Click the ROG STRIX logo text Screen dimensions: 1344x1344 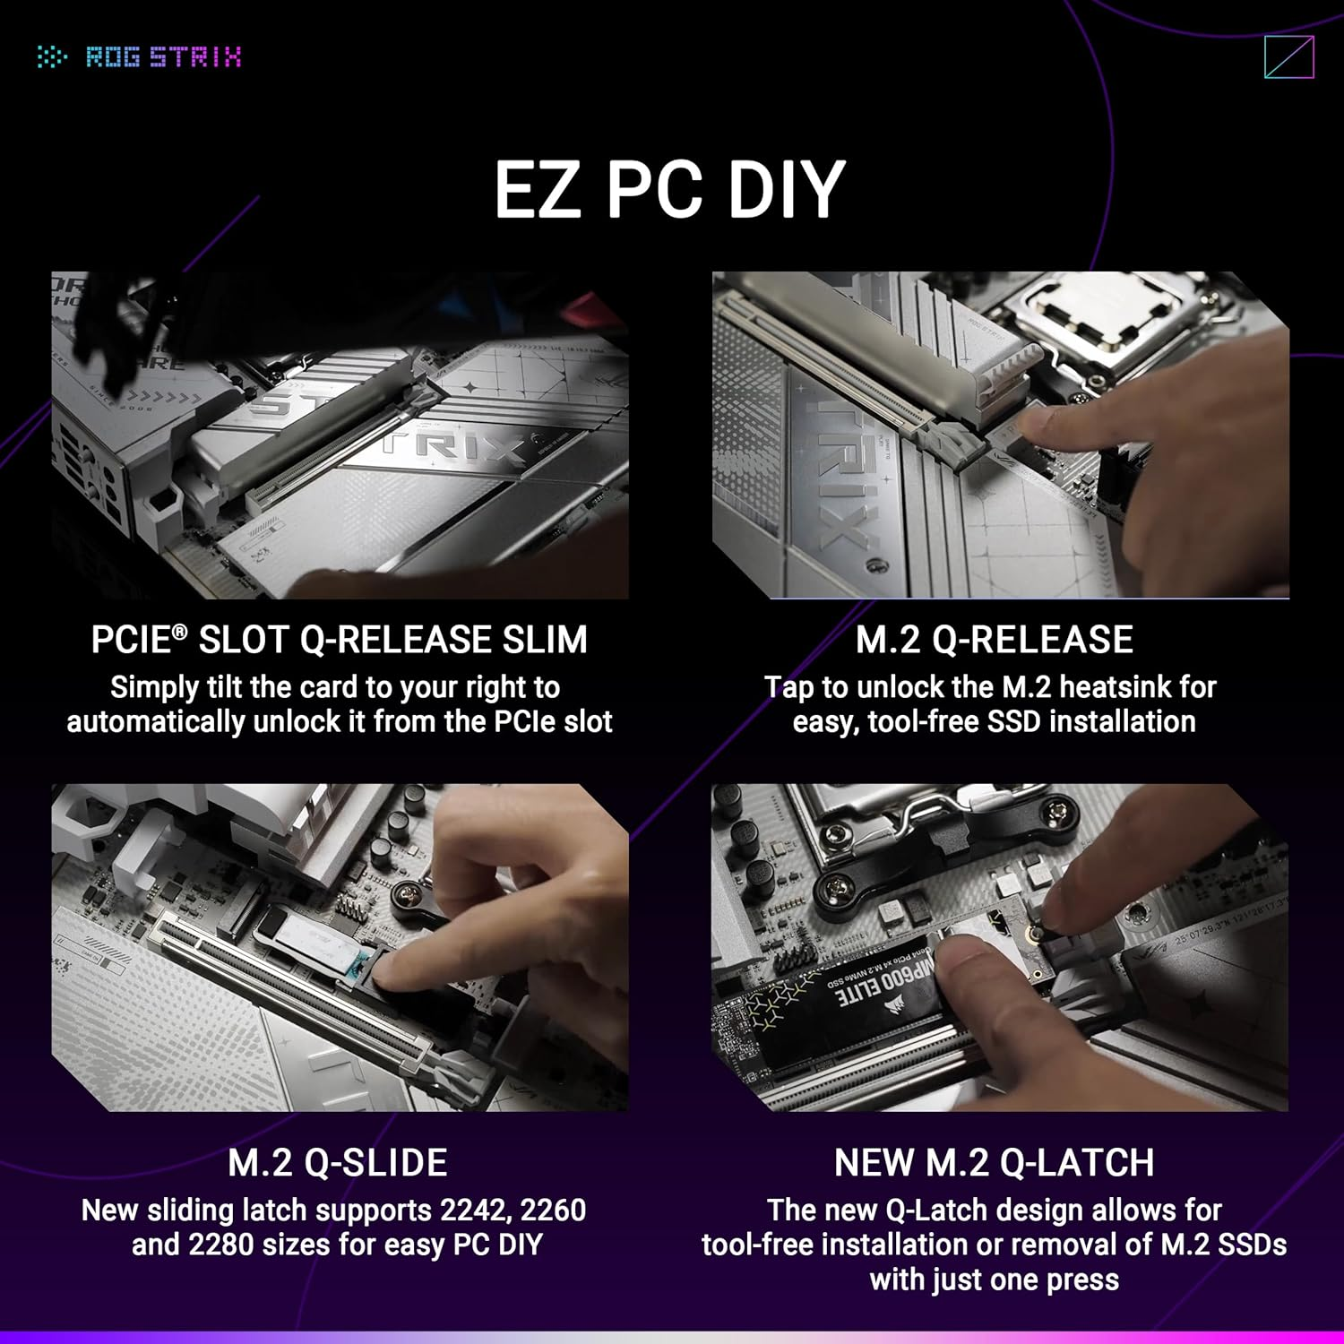[x=163, y=57]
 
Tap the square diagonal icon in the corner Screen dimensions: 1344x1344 [x=1288, y=57]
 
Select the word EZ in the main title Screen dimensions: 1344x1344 [x=536, y=189]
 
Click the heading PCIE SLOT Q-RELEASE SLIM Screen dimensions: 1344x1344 [x=339, y=640]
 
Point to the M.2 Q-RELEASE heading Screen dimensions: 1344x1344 [x=994, y=640]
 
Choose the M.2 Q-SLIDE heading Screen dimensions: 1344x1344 [x=338, y=1163]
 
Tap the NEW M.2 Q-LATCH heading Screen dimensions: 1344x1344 [x=994, y=1163]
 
